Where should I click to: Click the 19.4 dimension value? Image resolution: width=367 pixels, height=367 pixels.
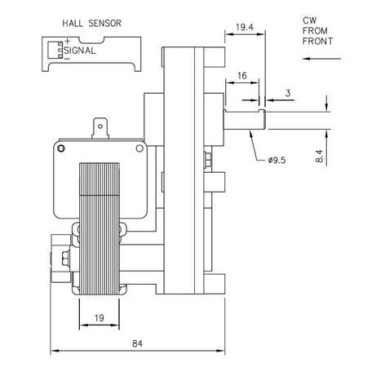click(x=245, y=27)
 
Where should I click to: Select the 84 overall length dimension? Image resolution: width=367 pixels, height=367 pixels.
click(x=137, y=343)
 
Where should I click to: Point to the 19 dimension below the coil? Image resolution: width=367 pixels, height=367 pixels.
click(x=99, y=318)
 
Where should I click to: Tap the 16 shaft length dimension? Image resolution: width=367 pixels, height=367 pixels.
click(x=242, y=76)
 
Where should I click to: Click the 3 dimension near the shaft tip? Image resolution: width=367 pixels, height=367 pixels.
click(x=288, y=93)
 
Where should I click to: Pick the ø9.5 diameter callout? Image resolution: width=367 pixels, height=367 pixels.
click(x=276, y=161)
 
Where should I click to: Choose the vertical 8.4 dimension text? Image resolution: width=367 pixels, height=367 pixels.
click(x=320, y=156)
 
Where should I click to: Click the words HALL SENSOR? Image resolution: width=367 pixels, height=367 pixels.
click(x=92, y=24)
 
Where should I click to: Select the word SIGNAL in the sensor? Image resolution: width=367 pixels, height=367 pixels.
click(x=80, y=51)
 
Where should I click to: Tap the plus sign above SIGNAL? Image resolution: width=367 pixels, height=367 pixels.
click(x=67, y=42)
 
